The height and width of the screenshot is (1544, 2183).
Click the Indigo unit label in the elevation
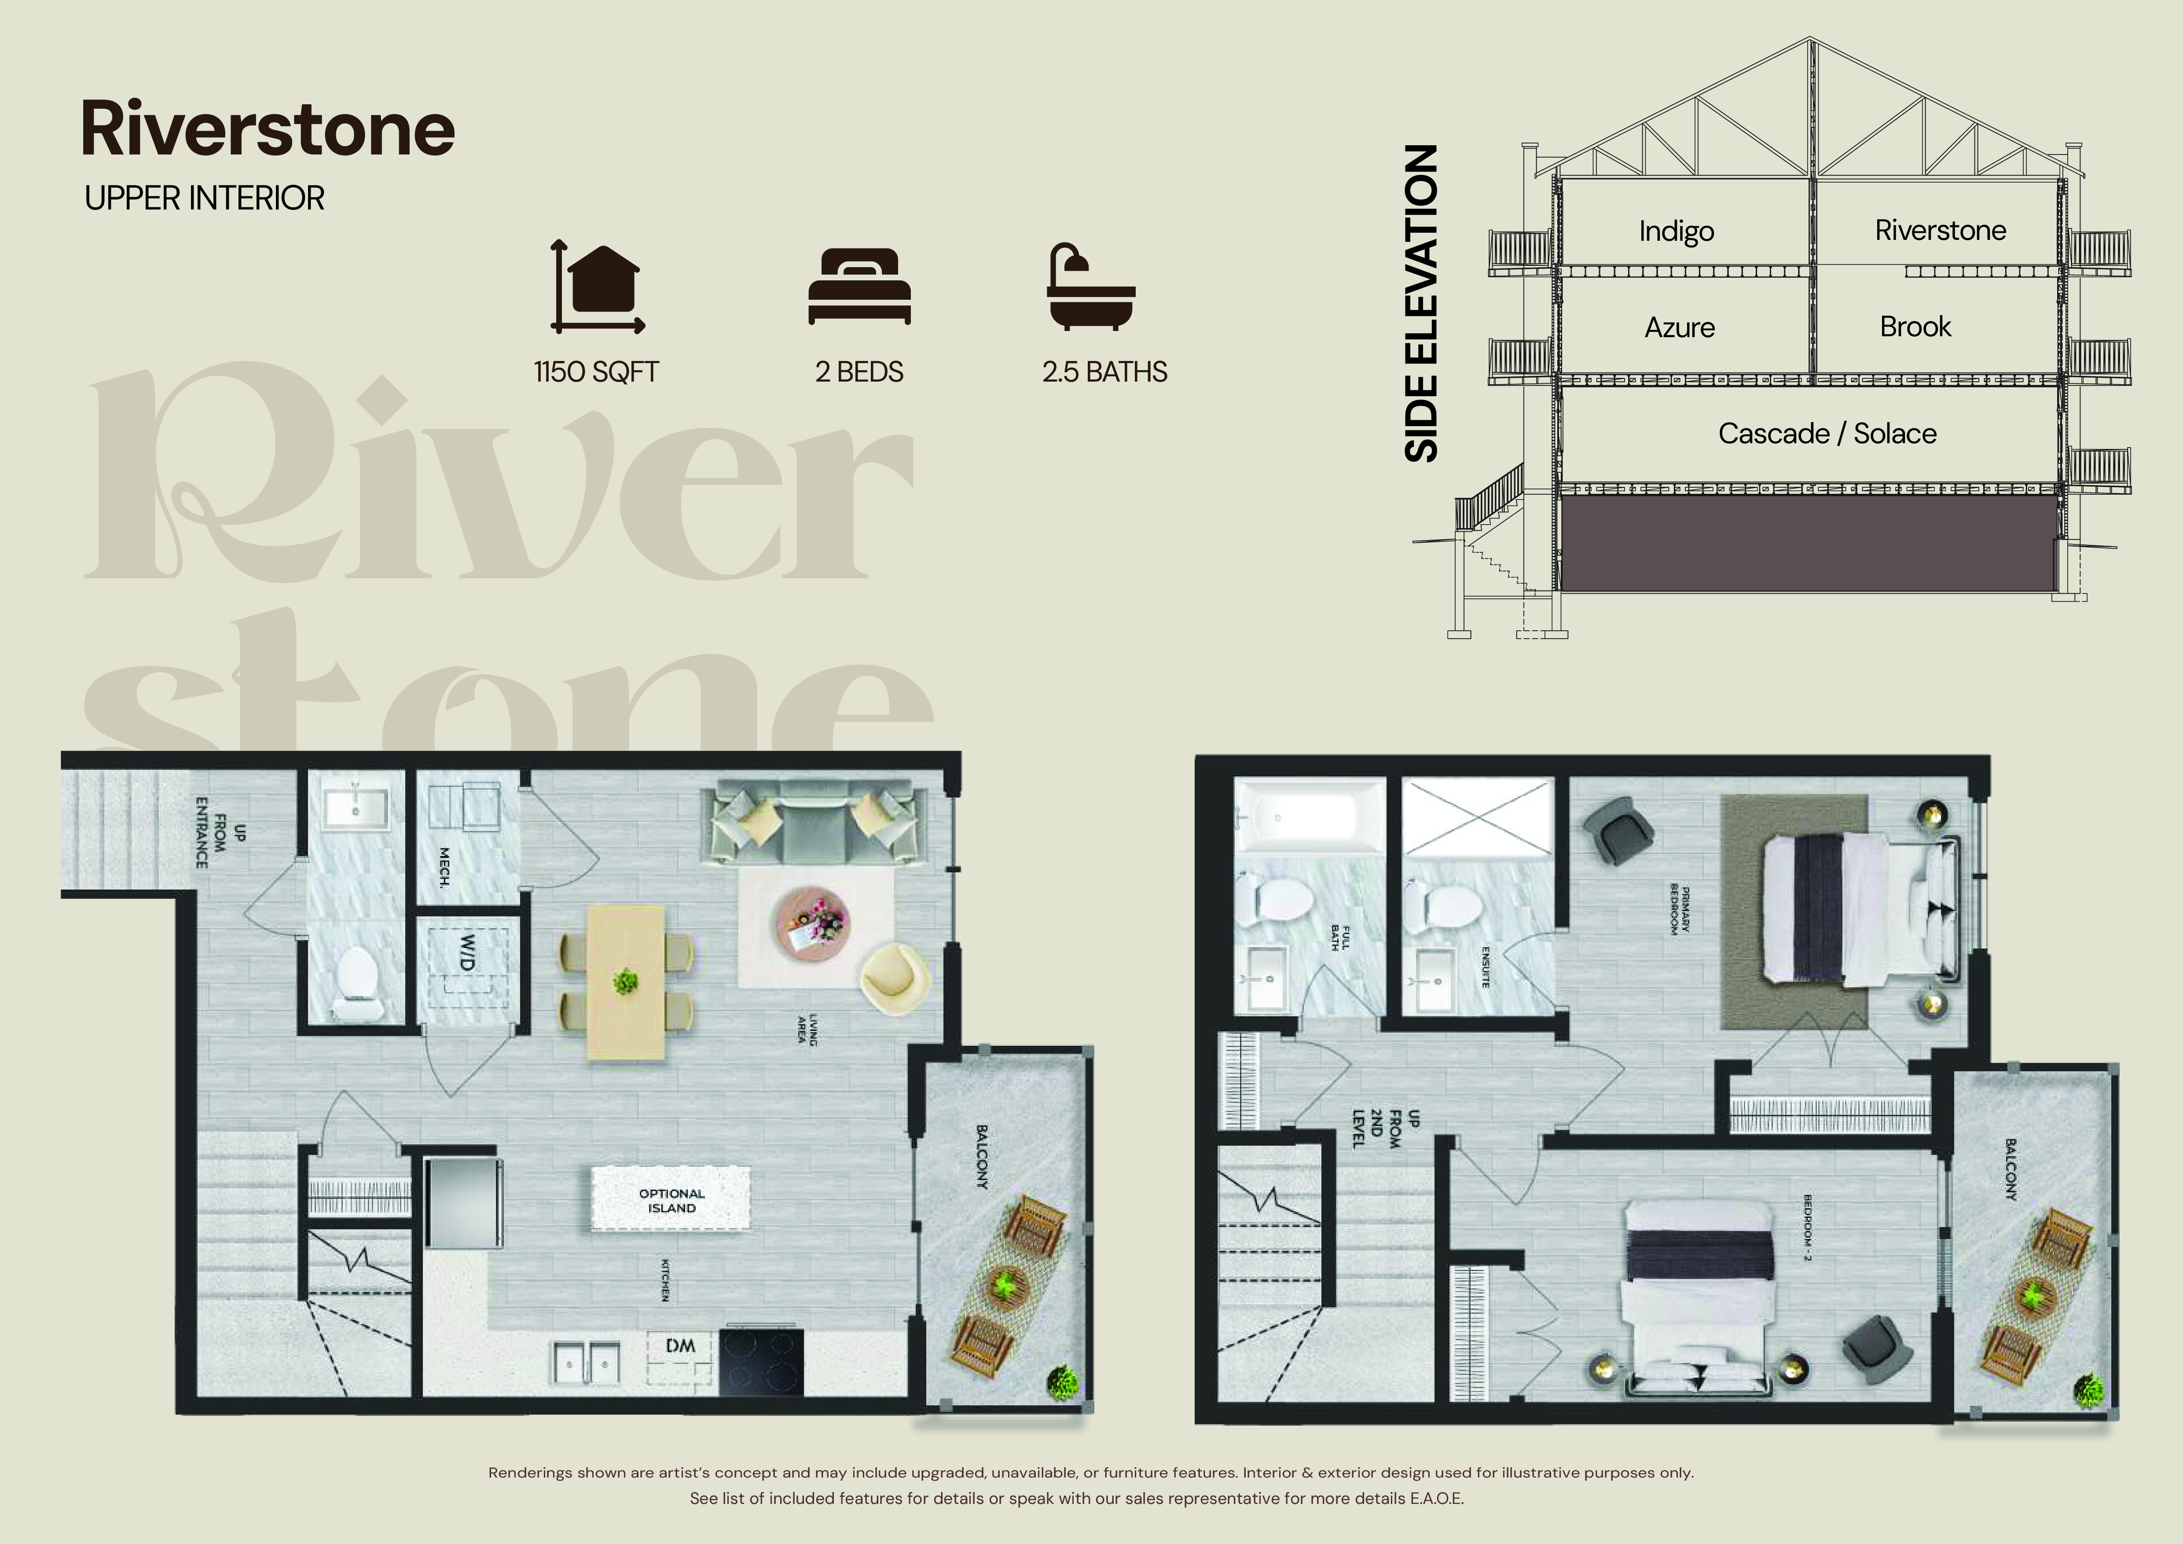click(1676, 231)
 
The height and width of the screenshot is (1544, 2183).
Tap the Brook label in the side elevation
click(1915, 327)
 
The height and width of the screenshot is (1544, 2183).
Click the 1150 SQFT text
click(596, 372)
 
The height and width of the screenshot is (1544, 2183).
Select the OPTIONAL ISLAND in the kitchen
click(671, 1200)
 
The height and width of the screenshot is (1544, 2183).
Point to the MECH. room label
click(444, 868)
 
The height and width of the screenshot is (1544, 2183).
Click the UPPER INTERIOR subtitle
click(205, 199)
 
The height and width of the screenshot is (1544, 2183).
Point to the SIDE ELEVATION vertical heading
click(1421, 304)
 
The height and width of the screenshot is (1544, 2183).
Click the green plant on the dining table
click(625, 980)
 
